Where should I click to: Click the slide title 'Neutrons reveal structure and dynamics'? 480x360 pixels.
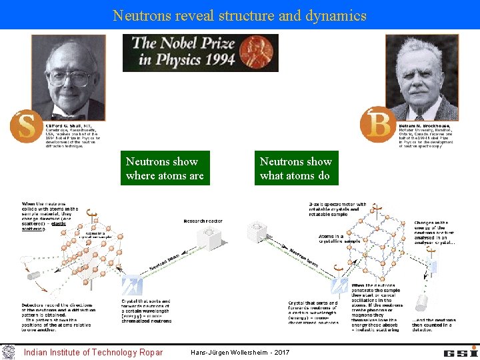point(240,15)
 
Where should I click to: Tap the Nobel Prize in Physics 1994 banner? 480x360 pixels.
point(200,53)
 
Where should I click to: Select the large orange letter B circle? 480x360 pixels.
point(377,125)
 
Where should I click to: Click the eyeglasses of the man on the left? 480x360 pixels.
point(69,77)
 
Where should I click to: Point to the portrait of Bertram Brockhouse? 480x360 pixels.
point(421,77)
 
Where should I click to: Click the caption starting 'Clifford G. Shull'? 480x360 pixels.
point(73,135)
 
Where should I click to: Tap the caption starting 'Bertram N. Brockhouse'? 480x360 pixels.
point(428,135)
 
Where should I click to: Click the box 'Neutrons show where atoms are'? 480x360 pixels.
point(165,169)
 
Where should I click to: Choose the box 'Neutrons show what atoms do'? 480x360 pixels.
point(295,169)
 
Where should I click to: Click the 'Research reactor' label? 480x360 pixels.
point(203,221)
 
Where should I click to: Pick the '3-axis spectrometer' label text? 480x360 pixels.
point(337,208)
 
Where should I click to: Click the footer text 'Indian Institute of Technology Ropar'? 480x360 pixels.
point(93,352)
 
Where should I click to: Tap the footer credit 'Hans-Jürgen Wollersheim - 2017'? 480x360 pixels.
point(240,352)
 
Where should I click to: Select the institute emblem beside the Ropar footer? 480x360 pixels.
point(8,351)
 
